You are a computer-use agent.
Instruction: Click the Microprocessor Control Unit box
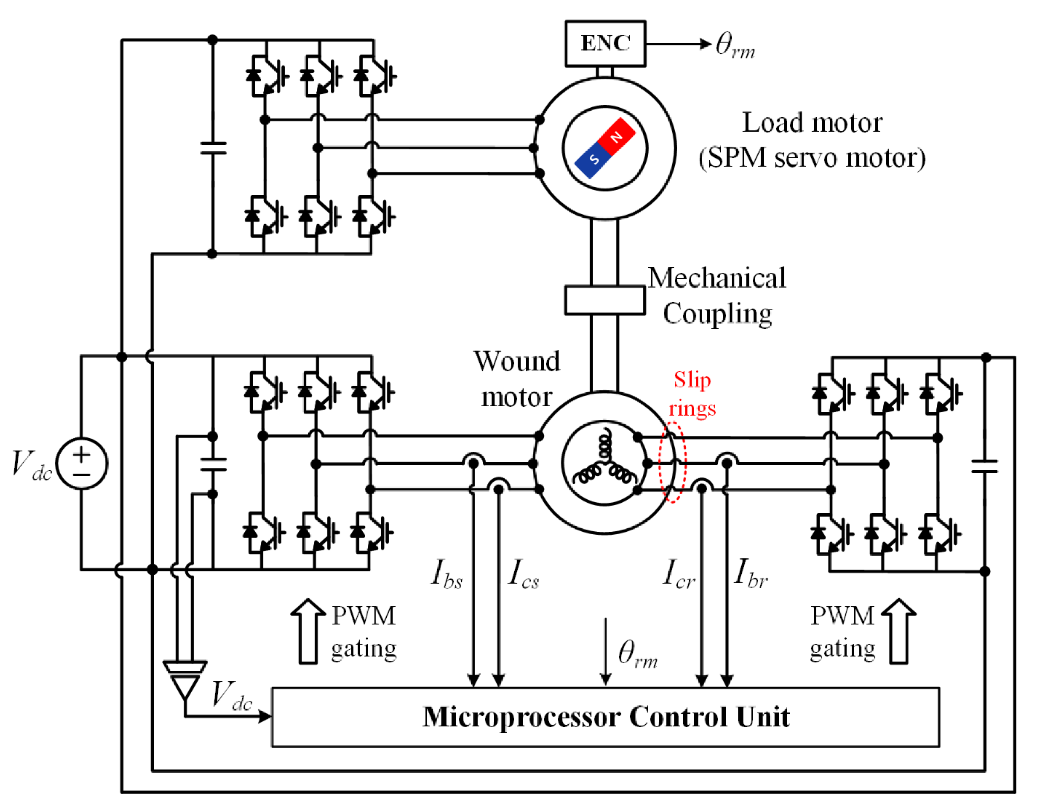pos(605,717)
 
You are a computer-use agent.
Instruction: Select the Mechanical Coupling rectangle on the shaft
pos(605,300)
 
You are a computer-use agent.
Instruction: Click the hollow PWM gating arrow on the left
pos(308,631)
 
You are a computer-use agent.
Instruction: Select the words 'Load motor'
pos(812,123)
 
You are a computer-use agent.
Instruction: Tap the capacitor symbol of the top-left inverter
pos(213,148)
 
